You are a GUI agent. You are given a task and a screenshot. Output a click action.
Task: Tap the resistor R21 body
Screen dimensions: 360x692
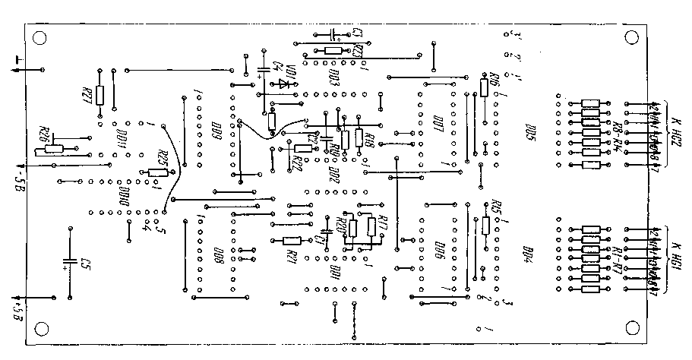[x=292, y=241]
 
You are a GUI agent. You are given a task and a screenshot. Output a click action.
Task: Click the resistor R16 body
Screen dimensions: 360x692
[x=484, y=88]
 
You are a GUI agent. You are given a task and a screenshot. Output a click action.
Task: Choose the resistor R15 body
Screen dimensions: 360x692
[x=485, y=226]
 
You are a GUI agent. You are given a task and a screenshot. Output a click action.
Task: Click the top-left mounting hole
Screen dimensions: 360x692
[x=39, y=37]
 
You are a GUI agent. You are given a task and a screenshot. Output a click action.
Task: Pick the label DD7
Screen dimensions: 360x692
[x=438, y=125]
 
